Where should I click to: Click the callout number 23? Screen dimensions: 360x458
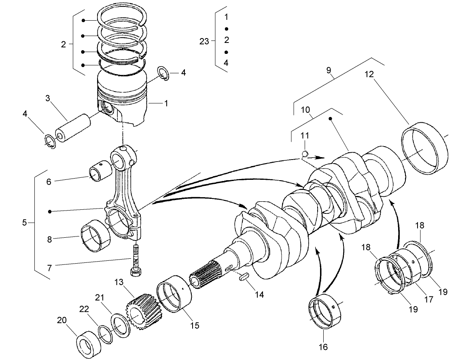coord(204,40)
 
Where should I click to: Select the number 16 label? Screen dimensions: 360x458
coord(323,347)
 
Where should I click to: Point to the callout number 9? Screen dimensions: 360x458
coord(329,70)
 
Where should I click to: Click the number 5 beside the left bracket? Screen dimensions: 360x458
coord(25,222)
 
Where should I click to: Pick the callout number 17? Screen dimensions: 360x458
coord(428,300)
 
